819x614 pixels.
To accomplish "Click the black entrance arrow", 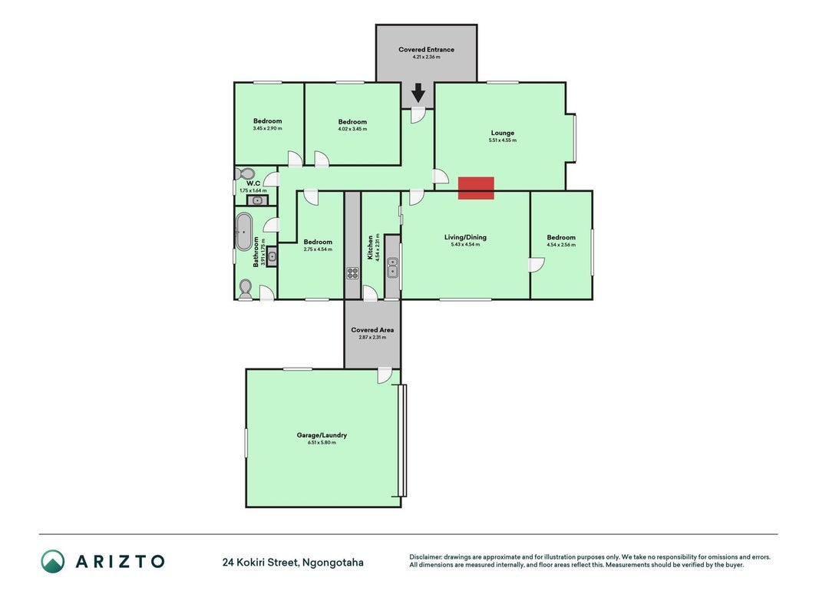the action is (418, 93).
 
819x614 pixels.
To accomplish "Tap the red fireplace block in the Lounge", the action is (476, 188).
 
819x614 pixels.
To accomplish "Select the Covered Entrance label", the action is (426, 50).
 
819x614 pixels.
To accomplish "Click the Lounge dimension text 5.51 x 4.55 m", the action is (503, 140).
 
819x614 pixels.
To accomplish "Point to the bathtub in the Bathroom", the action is (243, 231).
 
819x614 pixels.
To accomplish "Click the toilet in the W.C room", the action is (244, 173).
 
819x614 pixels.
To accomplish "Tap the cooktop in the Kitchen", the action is (352, 273).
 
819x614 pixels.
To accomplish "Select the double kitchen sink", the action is (392, 267).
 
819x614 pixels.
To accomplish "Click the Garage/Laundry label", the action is (322, 435).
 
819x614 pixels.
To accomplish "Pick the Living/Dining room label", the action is (465, 237).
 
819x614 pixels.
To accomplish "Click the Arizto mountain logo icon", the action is (53, 561).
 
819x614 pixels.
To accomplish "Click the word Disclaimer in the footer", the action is (425, 557).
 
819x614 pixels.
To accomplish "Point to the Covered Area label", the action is (372, 330).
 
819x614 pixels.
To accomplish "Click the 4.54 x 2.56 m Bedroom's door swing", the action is (537, 266).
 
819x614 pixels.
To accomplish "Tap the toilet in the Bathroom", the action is (245, 289).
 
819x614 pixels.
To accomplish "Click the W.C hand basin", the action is (257, 200).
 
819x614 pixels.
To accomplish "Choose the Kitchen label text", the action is (370, 247).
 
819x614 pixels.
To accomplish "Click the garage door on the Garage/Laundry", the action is (402, 441).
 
